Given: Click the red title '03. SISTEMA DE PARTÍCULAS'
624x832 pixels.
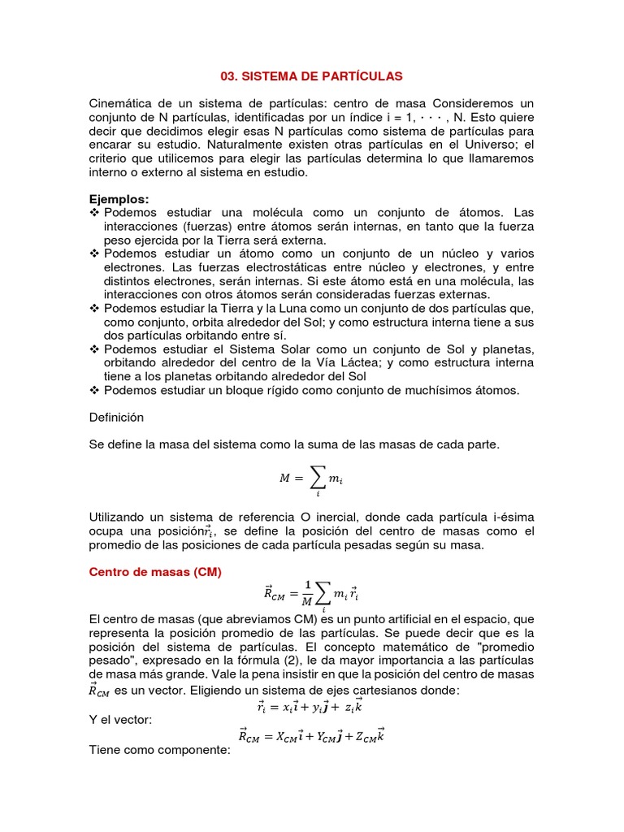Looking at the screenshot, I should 311,76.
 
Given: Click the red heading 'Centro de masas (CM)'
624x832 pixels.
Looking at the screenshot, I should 154,571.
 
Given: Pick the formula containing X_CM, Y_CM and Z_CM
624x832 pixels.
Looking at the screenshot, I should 311,736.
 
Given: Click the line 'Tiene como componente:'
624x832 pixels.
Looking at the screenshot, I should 159,750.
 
